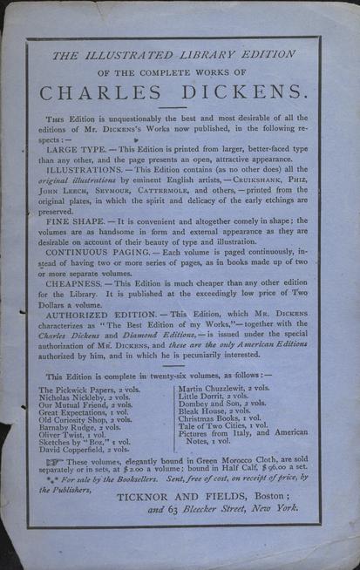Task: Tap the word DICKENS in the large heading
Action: click(243, 90)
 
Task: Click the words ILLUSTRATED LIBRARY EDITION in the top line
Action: click(182, 54)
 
